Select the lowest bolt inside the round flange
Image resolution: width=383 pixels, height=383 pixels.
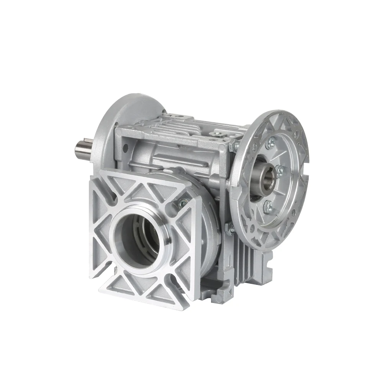pos(268,207)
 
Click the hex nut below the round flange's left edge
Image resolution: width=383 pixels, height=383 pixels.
pos(231,229)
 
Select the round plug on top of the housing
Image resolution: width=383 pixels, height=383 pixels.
pos(218,133)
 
